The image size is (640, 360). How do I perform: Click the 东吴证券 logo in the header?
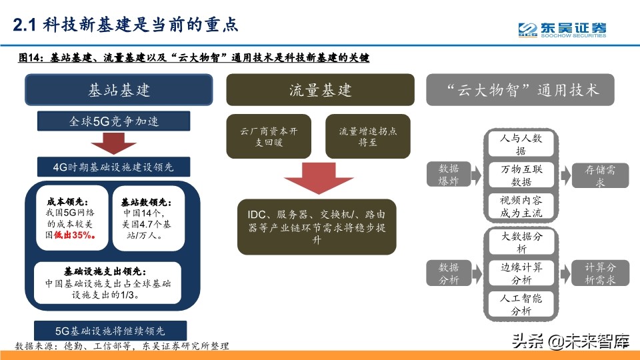tap(563, 29)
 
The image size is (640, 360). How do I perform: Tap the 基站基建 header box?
tap(119, 90)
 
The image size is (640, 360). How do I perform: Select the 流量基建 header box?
tap(320, 90)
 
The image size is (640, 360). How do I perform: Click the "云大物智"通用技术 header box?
tap(521, 90)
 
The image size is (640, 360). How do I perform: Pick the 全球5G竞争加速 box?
tap(114, 122)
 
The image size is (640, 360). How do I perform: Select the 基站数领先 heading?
tap(146, 202)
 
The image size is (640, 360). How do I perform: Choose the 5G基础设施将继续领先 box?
tap(110, 330)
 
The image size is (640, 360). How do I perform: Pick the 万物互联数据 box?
tap(521, 175)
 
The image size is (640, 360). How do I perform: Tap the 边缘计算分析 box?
tap(521, 273)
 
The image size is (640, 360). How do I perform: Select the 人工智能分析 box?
tap(521, 305)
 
